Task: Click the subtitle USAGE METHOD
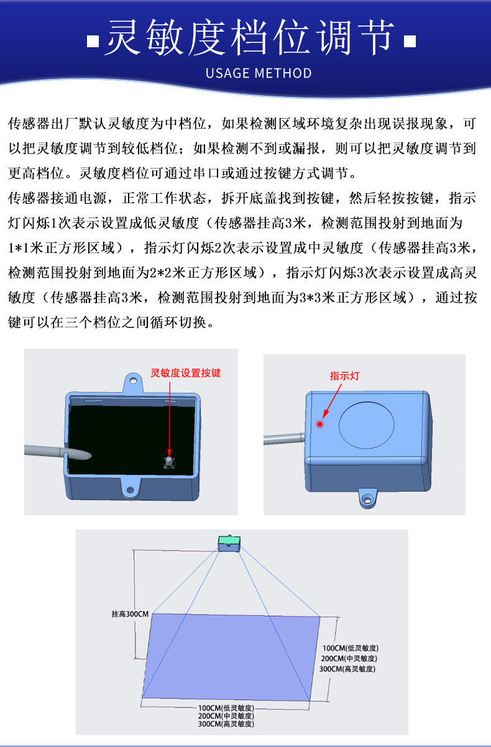click(259, 73)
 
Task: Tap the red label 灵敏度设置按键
click(186, 373)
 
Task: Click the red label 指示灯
click(344, 376)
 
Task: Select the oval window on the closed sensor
click(367, 425)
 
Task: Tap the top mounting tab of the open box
click(132, 380)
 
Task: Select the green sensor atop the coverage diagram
click(229, 543)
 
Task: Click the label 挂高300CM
click(130, 614)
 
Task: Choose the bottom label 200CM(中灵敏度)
click(226, 716)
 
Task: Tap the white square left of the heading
click(93, 42)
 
